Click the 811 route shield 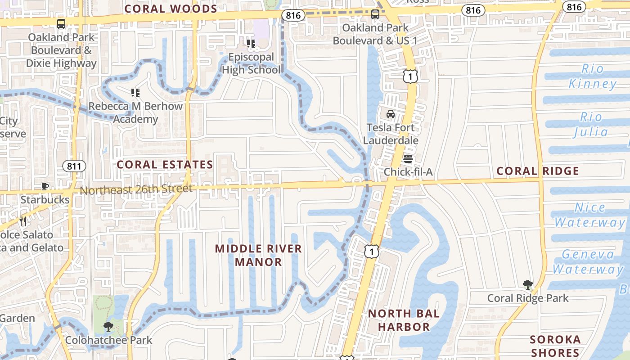pos(74,166)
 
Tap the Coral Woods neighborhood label pos(171,9)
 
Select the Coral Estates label pos(165,165)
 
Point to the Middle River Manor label pos(258,255)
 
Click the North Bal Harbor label pos(404,320)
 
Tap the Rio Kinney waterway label pos(592,76)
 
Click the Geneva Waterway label pos(588,262)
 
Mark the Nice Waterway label pos(589,215)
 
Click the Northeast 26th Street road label pos(136,189)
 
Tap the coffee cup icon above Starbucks pos(45,186)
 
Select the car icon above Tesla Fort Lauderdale pos(391,114)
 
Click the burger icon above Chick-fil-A pos(408,159)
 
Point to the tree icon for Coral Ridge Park pos(528,285)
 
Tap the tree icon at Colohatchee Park pos(108,327)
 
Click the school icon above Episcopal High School pos(251,44)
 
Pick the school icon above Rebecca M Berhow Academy pos(135,93)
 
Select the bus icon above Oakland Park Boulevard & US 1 pos(375,14)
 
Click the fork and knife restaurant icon pos(23,221)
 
